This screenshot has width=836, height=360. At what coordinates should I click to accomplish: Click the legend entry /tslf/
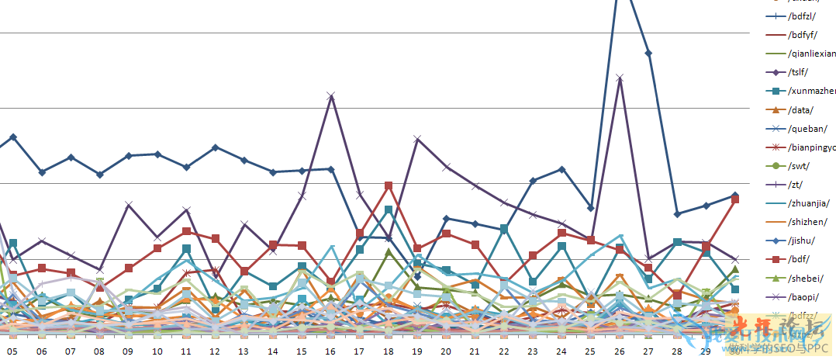[803, 73]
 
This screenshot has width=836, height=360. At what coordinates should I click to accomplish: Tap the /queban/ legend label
[807, 129]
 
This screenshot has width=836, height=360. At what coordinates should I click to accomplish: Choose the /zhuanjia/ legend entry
[810, 203]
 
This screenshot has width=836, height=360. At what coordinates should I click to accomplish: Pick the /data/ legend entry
[801, 110]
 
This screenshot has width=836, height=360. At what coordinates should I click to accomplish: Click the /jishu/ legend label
[803, 241]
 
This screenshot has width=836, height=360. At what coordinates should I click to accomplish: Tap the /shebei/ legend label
[806, 278]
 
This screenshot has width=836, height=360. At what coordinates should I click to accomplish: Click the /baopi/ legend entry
[804, 296]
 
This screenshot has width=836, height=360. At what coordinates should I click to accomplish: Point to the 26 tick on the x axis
[620, 351]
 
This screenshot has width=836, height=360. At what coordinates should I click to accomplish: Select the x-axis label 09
[129, 351]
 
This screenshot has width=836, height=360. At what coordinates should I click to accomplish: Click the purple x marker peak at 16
[331, 95]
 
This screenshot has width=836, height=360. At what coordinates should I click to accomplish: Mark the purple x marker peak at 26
[620, 78]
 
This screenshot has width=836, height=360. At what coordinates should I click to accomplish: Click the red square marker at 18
[389, 185]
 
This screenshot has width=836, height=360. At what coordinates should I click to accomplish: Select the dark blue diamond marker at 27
[648, 53]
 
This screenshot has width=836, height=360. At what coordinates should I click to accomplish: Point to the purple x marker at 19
[417, 139]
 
